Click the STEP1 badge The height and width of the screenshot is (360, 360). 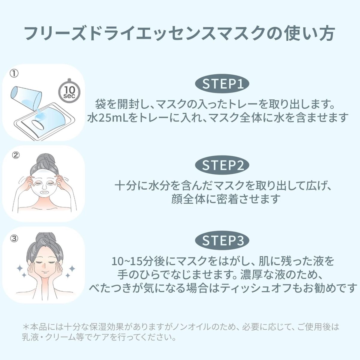222,84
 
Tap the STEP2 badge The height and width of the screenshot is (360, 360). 222,165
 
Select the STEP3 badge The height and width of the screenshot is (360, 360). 222,240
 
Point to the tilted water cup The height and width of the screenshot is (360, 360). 26,98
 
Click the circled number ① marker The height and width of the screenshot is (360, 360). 14,73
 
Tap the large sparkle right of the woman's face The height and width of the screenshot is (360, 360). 72,269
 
